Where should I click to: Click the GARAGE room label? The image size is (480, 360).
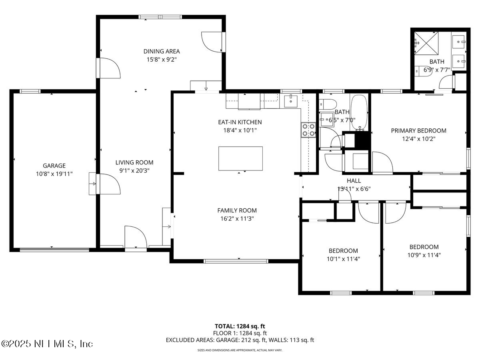point(54,166)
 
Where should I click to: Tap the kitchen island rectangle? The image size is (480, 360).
point(240,158)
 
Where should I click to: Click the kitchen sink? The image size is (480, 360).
point(291,101)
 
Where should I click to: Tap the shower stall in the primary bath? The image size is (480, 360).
point(426,41)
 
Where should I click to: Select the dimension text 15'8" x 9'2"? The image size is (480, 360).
point(162,59)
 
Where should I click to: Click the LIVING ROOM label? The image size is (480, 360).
point(134,162)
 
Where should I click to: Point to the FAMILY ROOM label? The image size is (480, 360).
point(237,210)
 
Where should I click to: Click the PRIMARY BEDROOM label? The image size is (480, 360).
point(418,130)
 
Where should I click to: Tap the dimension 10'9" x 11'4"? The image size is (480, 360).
point(424,255)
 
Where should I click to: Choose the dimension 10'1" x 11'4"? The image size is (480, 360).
point(343,258)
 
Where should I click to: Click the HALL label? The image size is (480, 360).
point(354,181)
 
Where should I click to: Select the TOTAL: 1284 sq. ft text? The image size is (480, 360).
point(240,326)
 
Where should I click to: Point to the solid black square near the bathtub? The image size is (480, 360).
point(363,140)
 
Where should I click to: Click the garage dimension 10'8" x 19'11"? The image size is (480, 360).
point(54,174)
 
